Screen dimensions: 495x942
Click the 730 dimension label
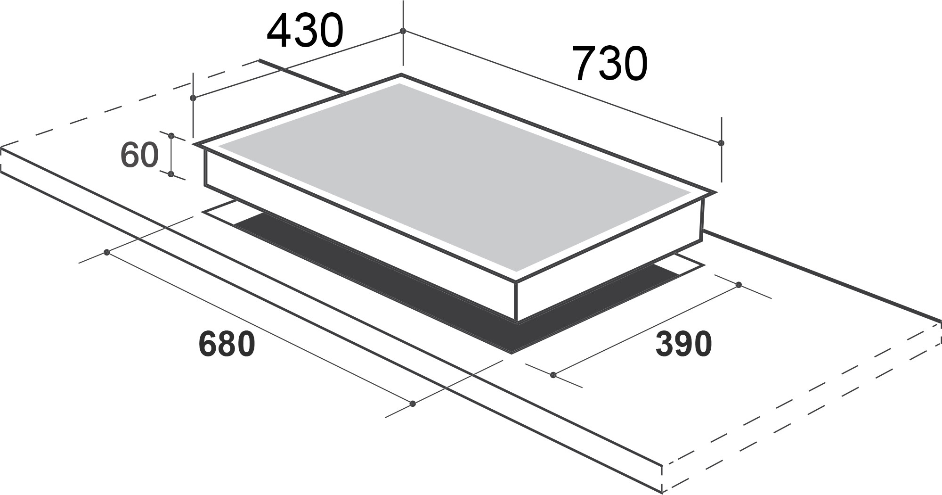(x=610, y=64)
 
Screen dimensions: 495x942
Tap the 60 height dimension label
(x=139, y=155)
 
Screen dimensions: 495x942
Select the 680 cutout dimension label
(x=227, y=344)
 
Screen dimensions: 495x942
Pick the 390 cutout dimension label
(x=683, y=344)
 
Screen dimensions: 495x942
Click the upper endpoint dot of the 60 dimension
(x=171, y=136)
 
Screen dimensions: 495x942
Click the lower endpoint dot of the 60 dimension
(x=171, y=174)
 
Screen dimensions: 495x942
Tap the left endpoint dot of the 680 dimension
(x=107, y=253)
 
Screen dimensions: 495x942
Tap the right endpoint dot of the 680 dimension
(x=413, y=404)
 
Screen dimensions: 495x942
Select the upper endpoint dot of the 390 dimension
(x=739, y=285)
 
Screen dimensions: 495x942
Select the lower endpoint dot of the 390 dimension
(x=553, y=375)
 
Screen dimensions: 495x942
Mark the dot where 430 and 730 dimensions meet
(x=403, y=31)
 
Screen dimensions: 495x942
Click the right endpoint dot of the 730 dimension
(x=721, y=143)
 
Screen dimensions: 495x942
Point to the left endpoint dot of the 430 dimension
(x=193, y=98)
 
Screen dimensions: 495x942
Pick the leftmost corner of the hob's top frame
(x=194, y=144)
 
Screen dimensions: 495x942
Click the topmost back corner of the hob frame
(x=401, y=74)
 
